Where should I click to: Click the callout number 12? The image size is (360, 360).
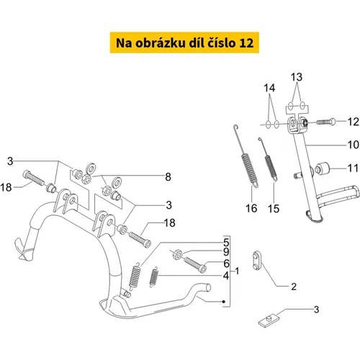click(x=354, y=122)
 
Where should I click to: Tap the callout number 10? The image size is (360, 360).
click(x=354, y=145)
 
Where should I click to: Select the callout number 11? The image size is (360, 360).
click(x=354, y=168)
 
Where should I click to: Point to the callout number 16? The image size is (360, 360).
click(x=251, y=208)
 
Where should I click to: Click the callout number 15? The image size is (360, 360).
click(x=274, y=209)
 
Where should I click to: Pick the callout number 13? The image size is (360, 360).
click(x=297, y=77)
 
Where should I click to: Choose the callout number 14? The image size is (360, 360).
click(x=269, y=88)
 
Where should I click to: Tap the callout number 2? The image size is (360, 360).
click(x=294, y=287)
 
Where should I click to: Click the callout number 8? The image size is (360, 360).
click(x=168, y=177)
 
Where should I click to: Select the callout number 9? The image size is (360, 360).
click(x=226, y=252)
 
